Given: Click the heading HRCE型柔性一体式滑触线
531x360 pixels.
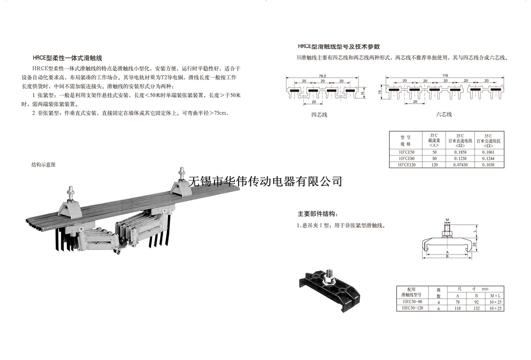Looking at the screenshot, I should (67, 58).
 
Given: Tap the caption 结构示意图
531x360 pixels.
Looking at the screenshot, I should (43, 165).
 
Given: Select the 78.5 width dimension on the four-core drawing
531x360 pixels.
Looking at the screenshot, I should (322, 76).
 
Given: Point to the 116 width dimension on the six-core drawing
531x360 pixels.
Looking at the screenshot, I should (445, 75).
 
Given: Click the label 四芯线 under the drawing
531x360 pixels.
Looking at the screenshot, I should (319, 115).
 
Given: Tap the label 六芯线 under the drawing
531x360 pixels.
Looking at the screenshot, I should (444, 114).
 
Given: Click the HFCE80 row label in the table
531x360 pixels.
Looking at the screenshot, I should (406, 159).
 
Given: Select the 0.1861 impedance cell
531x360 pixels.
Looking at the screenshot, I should (488, 152).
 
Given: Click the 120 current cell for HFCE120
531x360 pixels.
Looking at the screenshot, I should (434, 165).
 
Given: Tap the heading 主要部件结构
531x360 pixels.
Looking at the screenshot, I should (318, 214).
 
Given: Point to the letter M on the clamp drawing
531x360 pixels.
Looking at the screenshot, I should (447, 220).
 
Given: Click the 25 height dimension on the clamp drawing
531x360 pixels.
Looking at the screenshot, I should (474, 244).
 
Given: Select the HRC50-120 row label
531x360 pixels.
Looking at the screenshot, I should (412, 308).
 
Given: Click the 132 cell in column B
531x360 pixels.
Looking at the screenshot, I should (476, 308).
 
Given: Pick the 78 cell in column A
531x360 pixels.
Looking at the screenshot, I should (458, 302).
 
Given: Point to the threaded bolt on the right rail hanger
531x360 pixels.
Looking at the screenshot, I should (182, 174).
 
